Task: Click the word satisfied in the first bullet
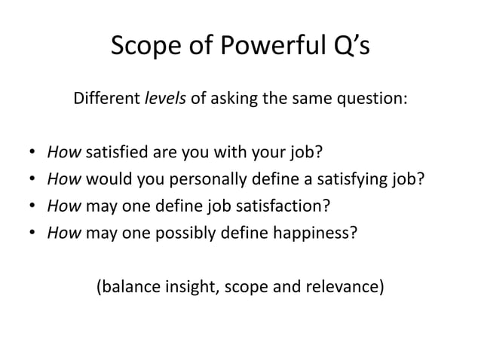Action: coord(117,155)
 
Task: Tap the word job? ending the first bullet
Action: coord(305,155)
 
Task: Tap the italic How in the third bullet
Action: coord(64,206)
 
